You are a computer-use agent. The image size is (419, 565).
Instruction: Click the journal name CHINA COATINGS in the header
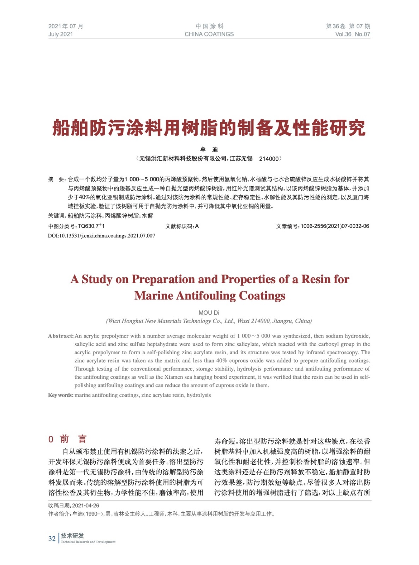[209, 34]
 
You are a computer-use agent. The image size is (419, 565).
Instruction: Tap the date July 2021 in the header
[61, 34]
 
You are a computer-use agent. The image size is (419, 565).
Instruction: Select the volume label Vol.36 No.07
[352, 34]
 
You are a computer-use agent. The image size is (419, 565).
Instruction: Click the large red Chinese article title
[209, 127]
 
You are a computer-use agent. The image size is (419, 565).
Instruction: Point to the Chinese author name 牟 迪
[209, 150]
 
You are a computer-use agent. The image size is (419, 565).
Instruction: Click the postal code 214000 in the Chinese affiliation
[269, 159]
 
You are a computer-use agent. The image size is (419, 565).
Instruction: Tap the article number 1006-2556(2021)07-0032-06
[335, 226]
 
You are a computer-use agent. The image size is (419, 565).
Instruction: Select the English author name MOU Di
[209, 313]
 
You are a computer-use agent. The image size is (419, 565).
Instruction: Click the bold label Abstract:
[61, 336]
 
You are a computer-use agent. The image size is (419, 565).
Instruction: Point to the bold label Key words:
[61, 395]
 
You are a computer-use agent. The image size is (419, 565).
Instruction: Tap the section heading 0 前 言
[67, 439]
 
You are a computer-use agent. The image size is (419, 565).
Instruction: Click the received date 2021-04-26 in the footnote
[86, 505]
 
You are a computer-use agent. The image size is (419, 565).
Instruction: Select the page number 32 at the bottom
[52, 539]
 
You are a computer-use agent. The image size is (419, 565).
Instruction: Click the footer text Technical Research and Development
[88, 542]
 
